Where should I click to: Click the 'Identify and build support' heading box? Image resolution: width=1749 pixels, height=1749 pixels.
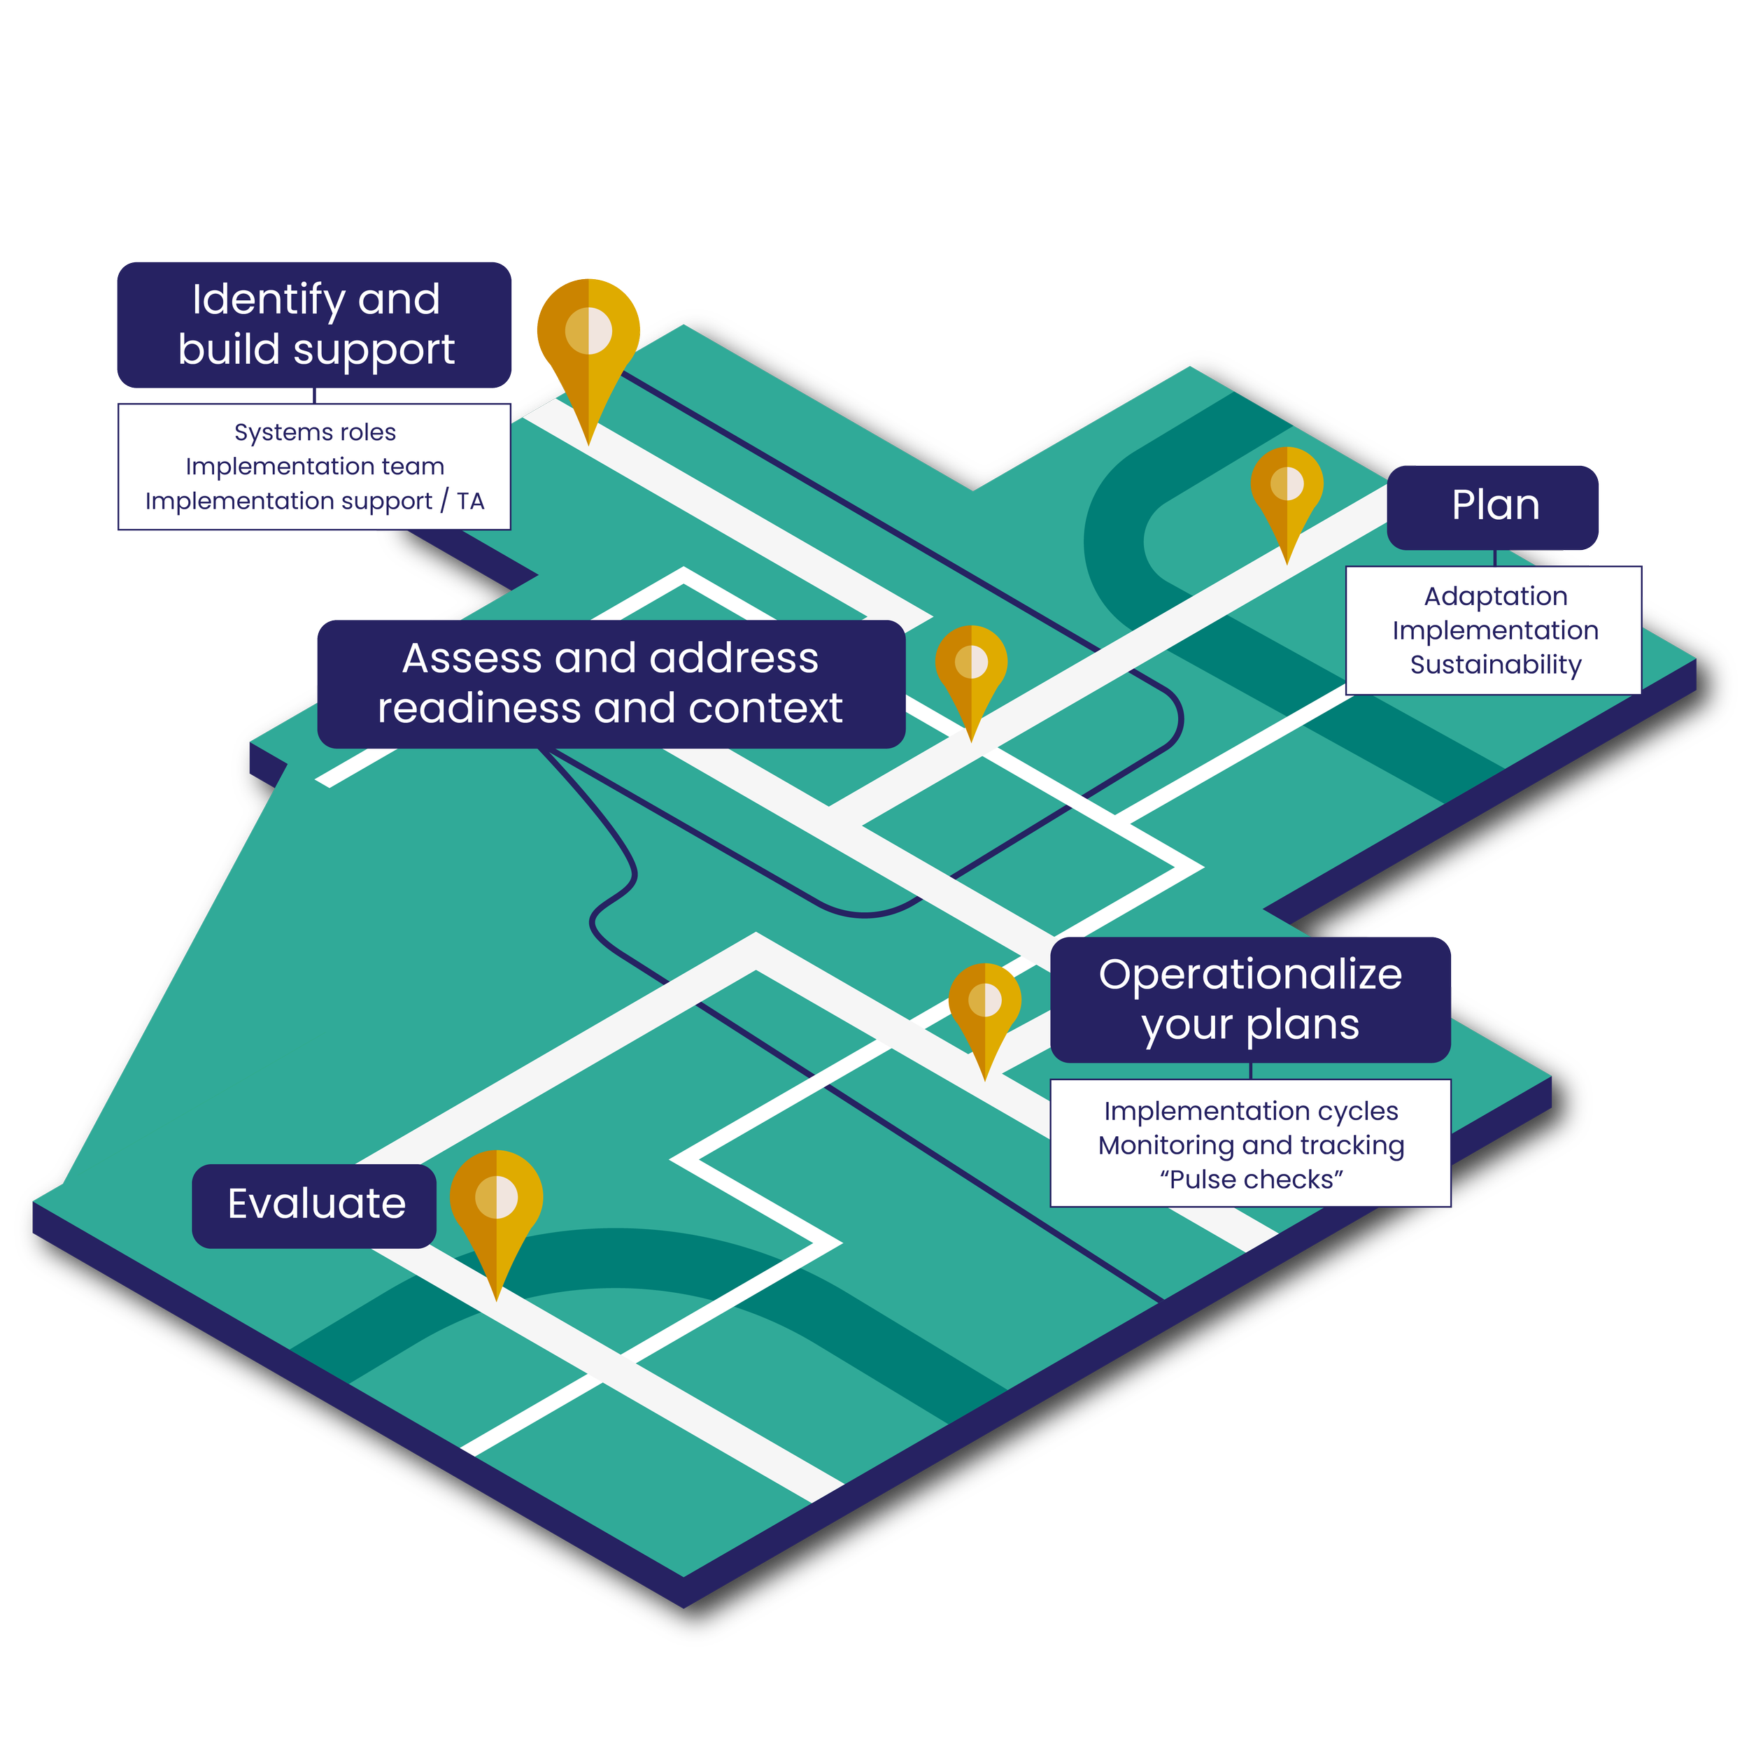(314, 324)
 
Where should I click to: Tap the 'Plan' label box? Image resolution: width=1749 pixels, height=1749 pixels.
(1494, 505)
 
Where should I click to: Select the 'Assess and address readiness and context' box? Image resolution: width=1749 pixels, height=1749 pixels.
(611, 683)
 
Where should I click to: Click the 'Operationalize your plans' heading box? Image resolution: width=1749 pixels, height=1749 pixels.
(1250, 1000)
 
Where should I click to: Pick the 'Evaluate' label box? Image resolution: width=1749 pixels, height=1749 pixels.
(315, 1204)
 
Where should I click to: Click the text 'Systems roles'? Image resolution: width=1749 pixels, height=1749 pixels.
(315, 433)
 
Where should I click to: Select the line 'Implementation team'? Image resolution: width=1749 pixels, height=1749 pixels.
(315, 466)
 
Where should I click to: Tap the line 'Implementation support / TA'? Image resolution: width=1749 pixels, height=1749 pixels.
(315, 501)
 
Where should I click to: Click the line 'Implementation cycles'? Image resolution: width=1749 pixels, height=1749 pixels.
(1251, 1111)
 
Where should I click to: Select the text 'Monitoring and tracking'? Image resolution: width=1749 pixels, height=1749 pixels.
(1251, 1145)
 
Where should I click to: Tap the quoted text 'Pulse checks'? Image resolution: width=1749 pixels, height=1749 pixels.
(1251, 1180)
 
